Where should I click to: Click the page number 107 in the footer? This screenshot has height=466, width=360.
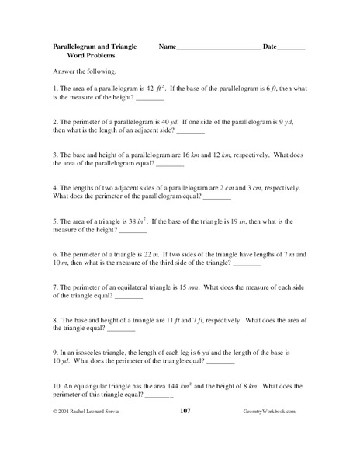[185, 432]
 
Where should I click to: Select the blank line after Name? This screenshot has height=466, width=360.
[218, 48]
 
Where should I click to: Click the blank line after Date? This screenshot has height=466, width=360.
[292, 48]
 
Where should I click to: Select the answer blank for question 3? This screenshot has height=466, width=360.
[170, 165]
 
